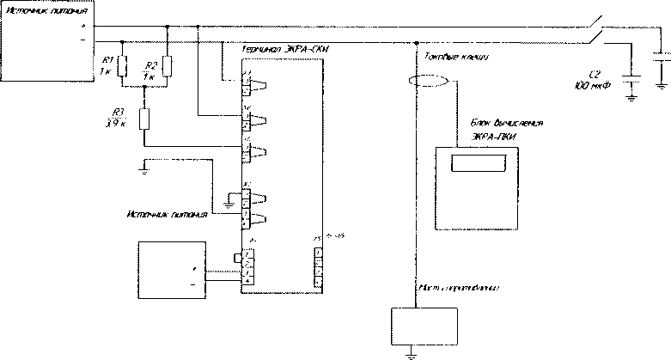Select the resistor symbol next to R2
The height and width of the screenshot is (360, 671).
[x=167, y=65]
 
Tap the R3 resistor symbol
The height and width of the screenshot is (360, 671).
[x=143, y=119]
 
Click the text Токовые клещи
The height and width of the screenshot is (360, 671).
[x=456, y=58]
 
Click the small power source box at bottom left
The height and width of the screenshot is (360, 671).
[x=173, y=269]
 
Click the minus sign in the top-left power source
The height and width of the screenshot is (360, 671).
[x=82, y=40]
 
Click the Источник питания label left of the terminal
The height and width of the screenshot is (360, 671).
[x=166, y=215]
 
